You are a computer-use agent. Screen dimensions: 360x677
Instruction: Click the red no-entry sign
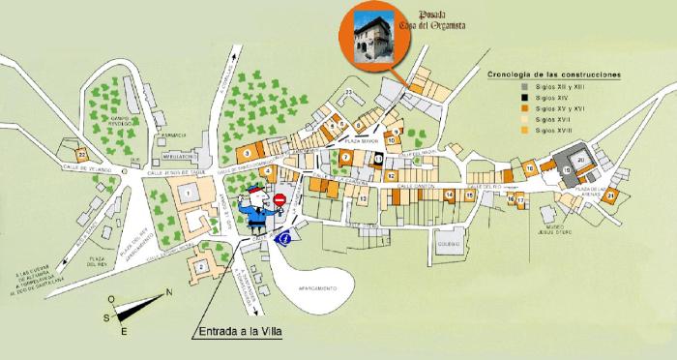pyautogui.click(x=280, y=200)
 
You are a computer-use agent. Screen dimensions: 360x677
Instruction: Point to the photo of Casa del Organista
pyautogui.click(x=372, y=39)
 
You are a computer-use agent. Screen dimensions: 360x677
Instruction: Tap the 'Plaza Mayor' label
pyautogui.click(x=359, y=141)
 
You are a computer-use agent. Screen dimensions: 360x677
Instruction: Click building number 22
pyautogui.click(x=83, y=154)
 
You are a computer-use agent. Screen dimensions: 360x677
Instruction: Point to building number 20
pyautogui.click(x=581, y=161)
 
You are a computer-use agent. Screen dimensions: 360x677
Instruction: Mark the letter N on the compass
pyautogui.click(x=170, y=293)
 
